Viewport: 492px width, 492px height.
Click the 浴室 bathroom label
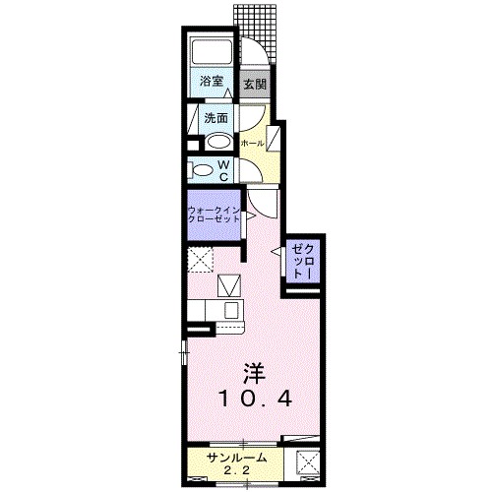pos(212,82)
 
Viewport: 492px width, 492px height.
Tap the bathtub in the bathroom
pos(212,53)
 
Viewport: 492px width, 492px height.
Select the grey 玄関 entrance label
pos(255,83)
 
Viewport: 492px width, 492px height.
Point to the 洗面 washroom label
pos(216,118)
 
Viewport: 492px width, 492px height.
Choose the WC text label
pos(224,170)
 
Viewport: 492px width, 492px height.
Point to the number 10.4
pos(255,400)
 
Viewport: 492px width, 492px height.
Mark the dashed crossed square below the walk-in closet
pos(202,262)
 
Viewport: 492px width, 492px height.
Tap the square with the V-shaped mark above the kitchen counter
pos(230,286)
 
